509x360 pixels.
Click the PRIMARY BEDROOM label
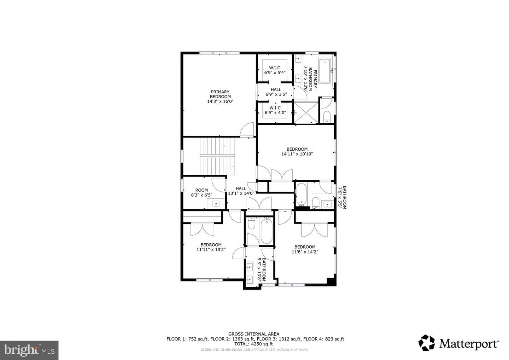(x=220, y=97)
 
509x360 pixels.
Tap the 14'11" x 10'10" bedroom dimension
(x=297, y=154)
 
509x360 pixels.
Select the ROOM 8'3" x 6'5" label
(x=201, y=192)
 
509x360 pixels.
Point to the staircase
(x=217, y=156)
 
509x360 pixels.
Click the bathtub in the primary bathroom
(x=324, y=71)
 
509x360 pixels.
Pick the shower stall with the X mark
(x=306, y=113)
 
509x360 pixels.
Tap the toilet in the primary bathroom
(x=327, y=117)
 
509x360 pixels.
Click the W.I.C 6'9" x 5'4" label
(x=275, y=70)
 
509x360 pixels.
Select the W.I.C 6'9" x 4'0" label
(x=275, y=110)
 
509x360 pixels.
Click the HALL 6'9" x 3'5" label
(x=276, y=92)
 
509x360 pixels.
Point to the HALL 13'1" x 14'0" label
(x=241, y=191)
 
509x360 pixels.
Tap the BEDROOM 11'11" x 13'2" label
(x=211, y=247)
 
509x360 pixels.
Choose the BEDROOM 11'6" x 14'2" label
(x=305, y=249)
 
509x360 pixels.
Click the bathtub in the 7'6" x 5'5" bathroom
(x=301, y=194)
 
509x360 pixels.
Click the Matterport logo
(x=459, y=343)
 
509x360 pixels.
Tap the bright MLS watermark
(x=29, y=350)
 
